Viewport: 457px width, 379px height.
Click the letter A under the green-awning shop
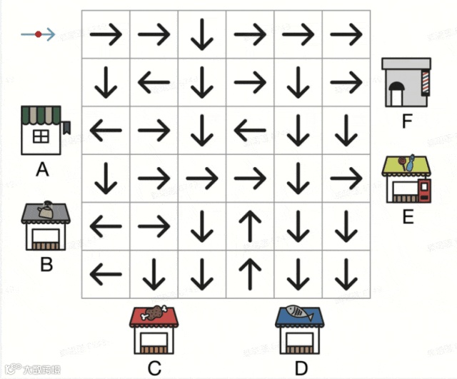tap(42, 170)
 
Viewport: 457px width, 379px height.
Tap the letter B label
tap(46, 264)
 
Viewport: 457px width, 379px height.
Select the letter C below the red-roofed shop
tap(154, 368)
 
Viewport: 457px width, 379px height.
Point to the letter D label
tap(301, 368)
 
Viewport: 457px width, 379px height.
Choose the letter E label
tap(408, 216)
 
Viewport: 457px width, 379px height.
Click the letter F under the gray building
tap(407, 121)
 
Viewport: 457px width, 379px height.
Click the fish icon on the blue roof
tap(299, 313)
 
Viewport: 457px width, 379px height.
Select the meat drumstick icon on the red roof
tap(154, 313)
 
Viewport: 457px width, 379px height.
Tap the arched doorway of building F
tap(397, 94)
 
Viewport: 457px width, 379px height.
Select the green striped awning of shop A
tap(41, 114)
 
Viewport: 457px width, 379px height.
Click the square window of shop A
tap(41, 135)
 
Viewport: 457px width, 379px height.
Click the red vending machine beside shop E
tap(424, 191)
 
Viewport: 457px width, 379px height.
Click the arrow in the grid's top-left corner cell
tap(106, 34)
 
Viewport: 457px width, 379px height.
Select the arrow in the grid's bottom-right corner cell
tap(346, 273)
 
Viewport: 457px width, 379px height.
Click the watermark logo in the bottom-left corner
tap(11, 370)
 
